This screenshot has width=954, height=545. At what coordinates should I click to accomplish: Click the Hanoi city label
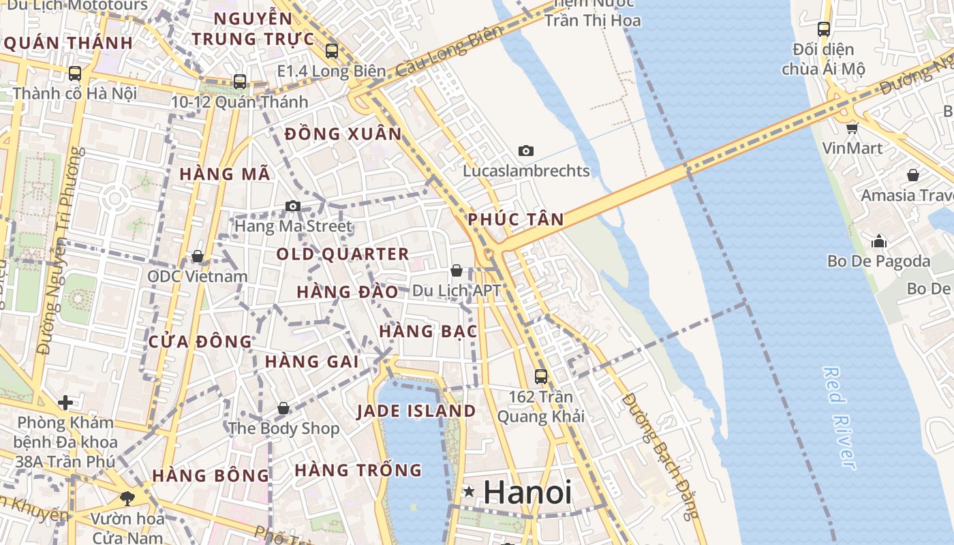pyautogui.click(x=527, y=493)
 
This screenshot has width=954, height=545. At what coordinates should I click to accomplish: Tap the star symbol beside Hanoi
pyautogui.click(x=469, y=491)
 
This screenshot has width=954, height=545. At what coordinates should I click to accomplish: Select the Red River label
pyautogui.click(x=839, y=418)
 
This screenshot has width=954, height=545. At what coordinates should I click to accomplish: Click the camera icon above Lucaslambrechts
pyautogui.click(x=525, y=151)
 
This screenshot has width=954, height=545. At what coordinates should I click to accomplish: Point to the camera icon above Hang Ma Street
pyautogui.click(x=293, y=206)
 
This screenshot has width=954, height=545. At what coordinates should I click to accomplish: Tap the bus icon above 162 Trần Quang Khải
pyautogui.click(x=541, y=376)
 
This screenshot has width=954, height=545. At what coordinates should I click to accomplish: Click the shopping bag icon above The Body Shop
pyautogui.click(x=283, y=408)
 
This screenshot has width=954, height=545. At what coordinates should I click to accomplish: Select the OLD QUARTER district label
pyautogui.click(x=343, y=255)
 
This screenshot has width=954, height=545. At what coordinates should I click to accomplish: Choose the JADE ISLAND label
pyautogui.click(x=416, y=411)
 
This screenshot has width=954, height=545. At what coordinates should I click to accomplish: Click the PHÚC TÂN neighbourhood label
pyautogui.click(x=516, y=219)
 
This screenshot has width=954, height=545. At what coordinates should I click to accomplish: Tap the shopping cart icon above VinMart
pyautogui.click(x=852, y=127)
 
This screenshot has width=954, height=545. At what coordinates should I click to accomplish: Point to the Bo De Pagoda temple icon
pyautogui.click(x=879, y=241)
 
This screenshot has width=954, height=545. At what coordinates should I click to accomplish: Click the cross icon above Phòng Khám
pyautogui.click(x=65, y=403)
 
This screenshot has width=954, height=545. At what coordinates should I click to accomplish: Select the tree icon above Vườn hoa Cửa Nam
pyautogui.click(x=127, y=498)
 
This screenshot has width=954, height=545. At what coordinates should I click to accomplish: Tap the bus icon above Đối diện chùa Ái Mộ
pyautogui.click(x=824, y=29)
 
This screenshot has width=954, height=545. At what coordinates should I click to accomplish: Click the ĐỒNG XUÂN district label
pyautogui.click(x=343, y=134)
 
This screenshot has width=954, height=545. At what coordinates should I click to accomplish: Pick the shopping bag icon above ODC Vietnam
pyautogui.click(x=198, y=256)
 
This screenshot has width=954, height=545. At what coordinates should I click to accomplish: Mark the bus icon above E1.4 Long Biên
pyautogui.click(x=332, y=50)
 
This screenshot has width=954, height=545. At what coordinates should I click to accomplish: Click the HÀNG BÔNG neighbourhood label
pyautogui.click(x=211, y=476)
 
